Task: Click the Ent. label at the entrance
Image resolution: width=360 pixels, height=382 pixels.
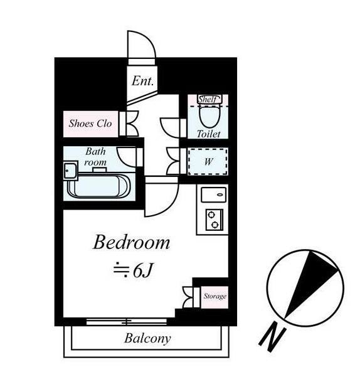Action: (143, 80)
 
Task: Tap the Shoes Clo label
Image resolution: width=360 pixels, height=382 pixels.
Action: (90, 124)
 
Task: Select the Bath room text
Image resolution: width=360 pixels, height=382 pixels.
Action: (96, 157)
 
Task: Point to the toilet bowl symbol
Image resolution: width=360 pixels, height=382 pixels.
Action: (207, 116)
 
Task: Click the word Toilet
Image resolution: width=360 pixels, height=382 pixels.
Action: (208, 134)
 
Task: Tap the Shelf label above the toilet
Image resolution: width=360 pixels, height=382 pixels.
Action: (207, 100)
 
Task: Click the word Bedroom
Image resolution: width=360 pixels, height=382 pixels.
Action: (132, 242)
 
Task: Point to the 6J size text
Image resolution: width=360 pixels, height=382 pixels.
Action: (133, 270)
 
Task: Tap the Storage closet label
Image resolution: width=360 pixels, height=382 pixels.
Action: (214, 296)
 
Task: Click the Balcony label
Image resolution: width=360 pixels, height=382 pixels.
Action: (147, 339)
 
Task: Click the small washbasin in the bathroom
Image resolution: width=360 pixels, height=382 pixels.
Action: (70, 171)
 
